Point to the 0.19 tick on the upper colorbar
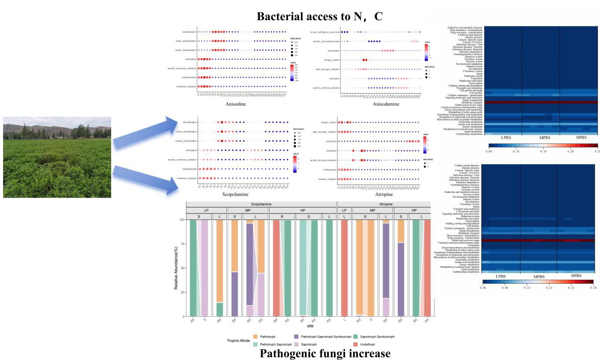pos(543,151)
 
